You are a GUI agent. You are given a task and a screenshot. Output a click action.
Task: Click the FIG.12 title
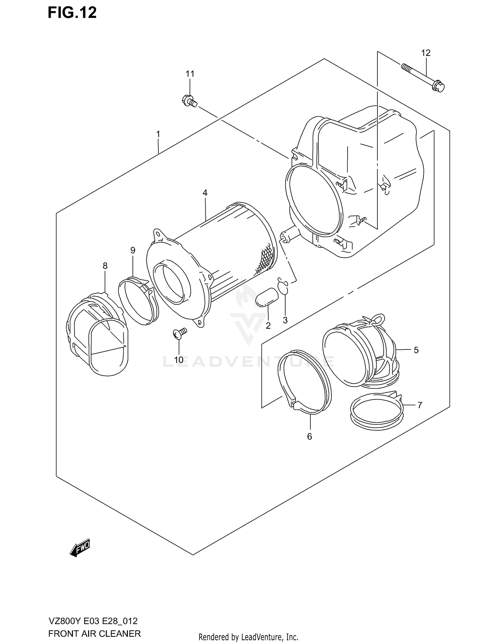click(72, 13)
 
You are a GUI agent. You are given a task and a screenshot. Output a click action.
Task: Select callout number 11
click(190, 74)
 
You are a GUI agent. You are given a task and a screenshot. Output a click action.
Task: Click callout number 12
click(426, 53)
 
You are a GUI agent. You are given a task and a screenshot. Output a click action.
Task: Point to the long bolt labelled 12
click(422, 77)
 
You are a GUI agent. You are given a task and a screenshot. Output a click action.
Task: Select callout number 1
click(158, 134)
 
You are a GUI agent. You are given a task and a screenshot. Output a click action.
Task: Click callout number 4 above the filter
click(205, 193)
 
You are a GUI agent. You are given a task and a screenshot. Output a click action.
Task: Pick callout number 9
click(133, 250)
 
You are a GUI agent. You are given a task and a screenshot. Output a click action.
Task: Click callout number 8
click(105, 266)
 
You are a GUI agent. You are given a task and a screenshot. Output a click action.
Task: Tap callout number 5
click(416, 350)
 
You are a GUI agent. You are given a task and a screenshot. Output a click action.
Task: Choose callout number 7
click(419, 405)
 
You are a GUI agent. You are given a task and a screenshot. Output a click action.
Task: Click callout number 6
click(309, 437)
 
